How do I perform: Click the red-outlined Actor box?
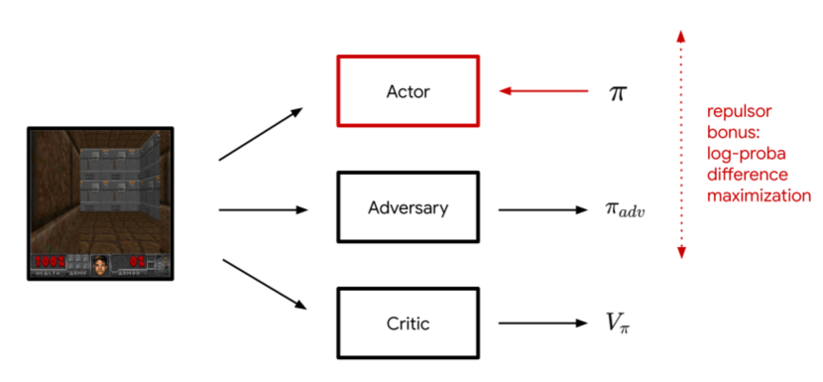(x=409, y=92)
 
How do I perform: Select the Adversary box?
(x=409, y=208)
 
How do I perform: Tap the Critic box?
(x=409, y=323)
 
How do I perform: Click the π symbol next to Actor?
(x=618, y=92)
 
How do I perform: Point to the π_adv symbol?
(x=625, y=210)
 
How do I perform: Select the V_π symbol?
(x=619, y=324)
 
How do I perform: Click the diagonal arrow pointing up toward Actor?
(x=261, y=134)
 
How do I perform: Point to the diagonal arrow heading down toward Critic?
(x=263, y=285)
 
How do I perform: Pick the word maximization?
(x=759, y=195)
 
